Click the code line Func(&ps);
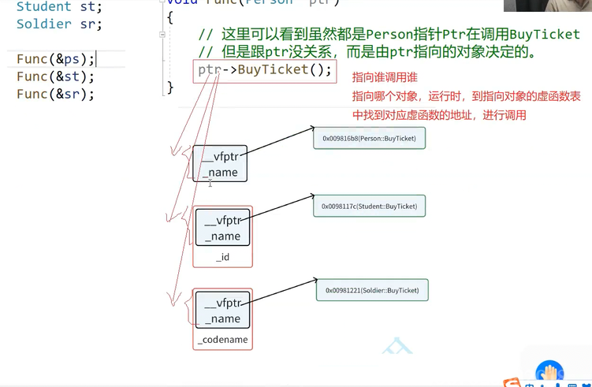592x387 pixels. coord(55,59)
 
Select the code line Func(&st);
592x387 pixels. coord(55,76)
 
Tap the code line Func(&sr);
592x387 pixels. coord(55,94)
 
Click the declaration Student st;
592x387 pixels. coord(59,6)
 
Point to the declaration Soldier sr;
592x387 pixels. coord(59,24)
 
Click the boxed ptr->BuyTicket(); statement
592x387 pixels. coord(265,70)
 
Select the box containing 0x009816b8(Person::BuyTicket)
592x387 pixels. coord(370,138)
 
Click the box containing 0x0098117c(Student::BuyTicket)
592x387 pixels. coord(369,207)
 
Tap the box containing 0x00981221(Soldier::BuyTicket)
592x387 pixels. coord(372,290)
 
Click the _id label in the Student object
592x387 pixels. coord(223,257)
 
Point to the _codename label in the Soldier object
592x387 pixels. coord(223,340)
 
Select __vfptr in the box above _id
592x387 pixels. coord(223,221)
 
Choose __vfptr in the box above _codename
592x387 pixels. coord(223,303)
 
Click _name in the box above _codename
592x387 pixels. coord(223,318)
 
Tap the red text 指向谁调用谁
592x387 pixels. coord(385,77)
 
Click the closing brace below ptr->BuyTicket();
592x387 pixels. coord(169,87)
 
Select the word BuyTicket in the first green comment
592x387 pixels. coord(545,35)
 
